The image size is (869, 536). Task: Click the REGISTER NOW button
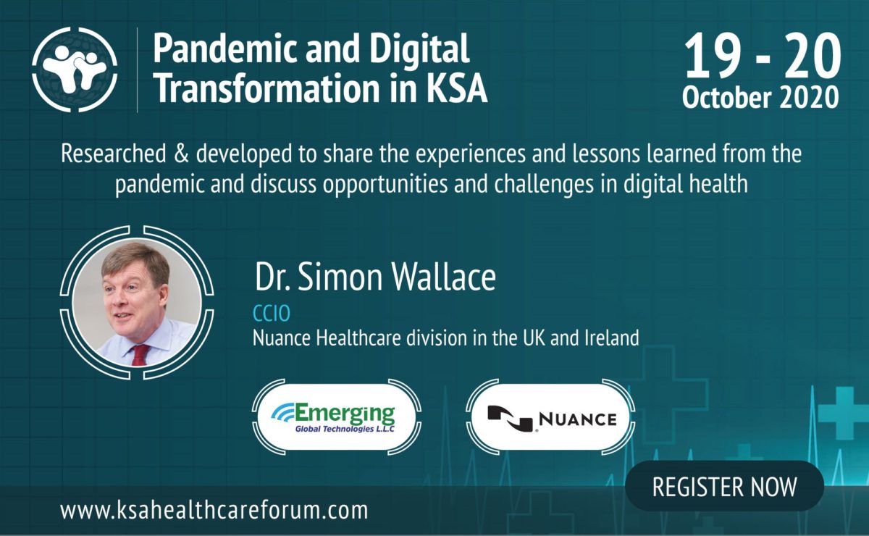[x=724, y=486]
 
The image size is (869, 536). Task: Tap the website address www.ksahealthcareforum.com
[x=214, y=510]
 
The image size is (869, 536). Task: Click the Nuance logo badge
[x=550, y=418]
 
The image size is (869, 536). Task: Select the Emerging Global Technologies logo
[x=336, y=418]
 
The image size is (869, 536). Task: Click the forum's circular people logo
[x=75, y=70]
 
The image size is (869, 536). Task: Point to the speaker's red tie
[x=140, y=355]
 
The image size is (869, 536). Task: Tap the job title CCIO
[x=271, y=313]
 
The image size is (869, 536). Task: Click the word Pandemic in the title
[x=227, y=49]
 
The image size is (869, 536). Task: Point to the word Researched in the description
[x=113, y=154]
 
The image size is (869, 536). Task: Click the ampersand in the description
[x=181, y=154]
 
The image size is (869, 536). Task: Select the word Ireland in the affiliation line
[x=612, y=338]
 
